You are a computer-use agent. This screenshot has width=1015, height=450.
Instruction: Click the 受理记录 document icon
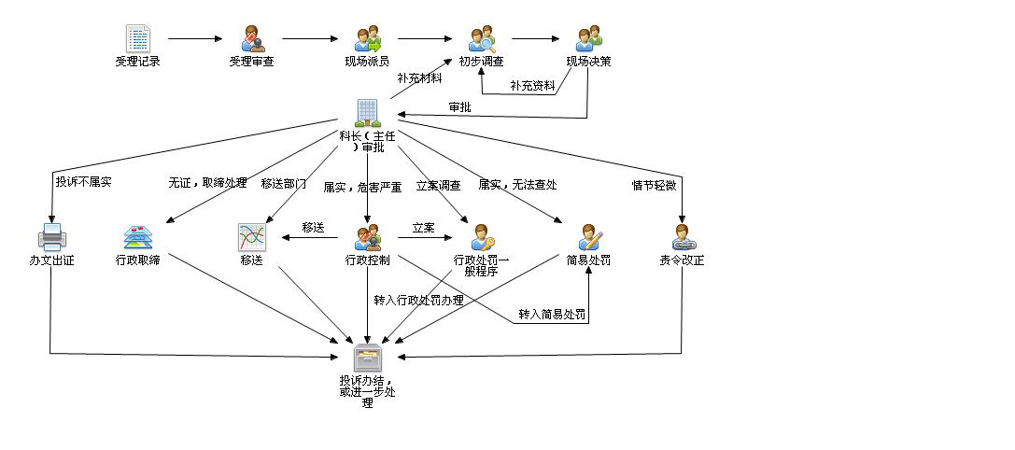(x=138, y=38)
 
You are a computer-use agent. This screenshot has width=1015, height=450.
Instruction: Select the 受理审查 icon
(x=252, y=38)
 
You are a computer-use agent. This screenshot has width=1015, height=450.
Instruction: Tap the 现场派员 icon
(x=367, y=38)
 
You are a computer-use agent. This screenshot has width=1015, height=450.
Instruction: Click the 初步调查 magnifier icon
(x=482, y=39)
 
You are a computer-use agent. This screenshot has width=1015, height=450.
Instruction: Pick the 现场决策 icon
(x=588, y=38)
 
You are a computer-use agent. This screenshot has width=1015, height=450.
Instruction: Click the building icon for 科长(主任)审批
(x=367, y=112)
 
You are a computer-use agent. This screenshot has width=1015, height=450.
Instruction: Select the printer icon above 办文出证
(x=51, y=237)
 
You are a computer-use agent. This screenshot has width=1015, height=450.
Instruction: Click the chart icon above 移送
(x=252, y=237)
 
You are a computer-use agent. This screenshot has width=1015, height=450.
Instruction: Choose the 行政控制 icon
(x=367, y=237)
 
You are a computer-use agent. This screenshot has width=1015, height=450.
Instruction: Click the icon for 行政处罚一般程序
(x=482, y=237)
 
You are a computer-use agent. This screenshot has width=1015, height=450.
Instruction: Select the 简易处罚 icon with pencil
(x=588, y=237)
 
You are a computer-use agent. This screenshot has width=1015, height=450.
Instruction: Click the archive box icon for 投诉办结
(x=367, y=359)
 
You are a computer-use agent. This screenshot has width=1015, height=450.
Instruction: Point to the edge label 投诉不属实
(x=83, y=181)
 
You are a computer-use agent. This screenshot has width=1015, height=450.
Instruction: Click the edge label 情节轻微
(x=654, y=185)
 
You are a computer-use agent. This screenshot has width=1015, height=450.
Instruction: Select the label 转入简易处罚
(x=552, y=314)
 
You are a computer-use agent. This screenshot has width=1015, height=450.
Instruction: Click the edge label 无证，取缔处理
(x=207, y=183)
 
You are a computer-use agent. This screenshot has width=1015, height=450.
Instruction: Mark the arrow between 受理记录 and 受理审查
(x=195, y=39)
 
